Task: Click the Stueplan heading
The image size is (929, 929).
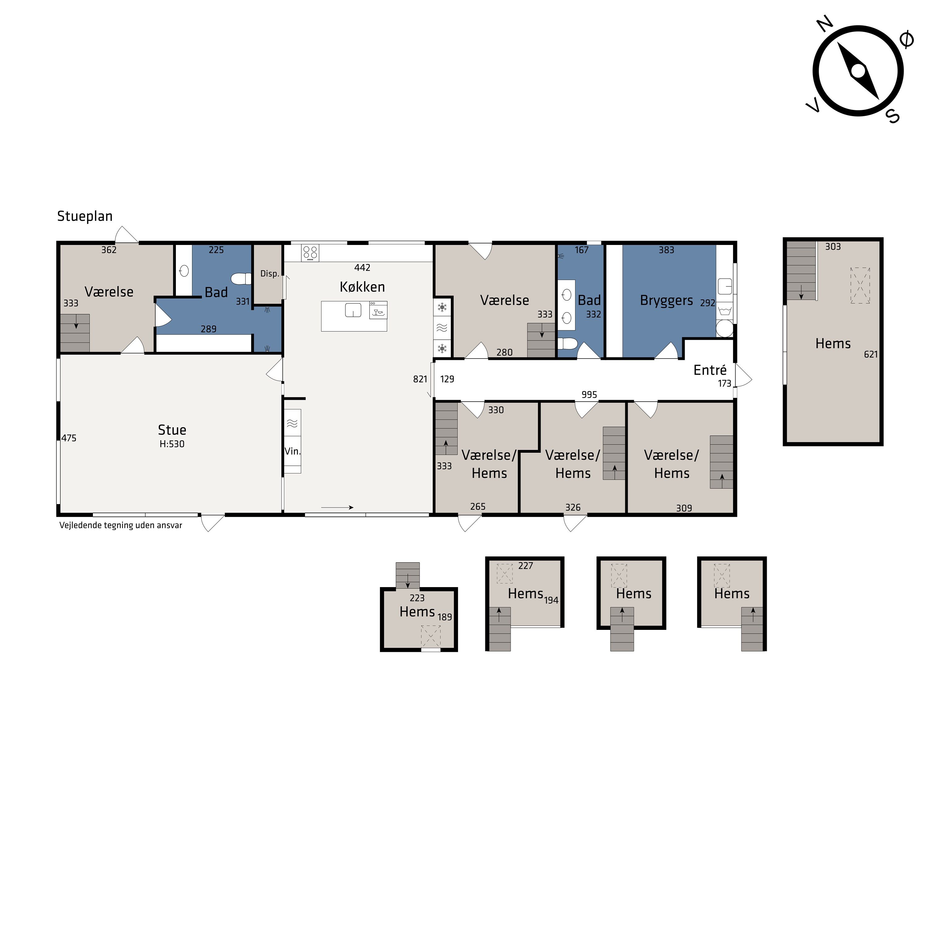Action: (x=85, y=217)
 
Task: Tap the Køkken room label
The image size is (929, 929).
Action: (x=362, y=287)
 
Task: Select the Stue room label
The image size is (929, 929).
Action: (x=172, y=430)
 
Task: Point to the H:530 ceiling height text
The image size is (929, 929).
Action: (x=172, y=444)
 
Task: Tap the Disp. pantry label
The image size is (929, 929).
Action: (x=270, y=274)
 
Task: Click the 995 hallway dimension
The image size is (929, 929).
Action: (x=589, y=395)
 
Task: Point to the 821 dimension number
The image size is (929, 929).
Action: (x=420, y=379)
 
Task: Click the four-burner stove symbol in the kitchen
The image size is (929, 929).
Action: (x=310, y=253)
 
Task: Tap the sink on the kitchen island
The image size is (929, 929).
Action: (x=353, y=310)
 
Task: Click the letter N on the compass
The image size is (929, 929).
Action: (x=825, y=24)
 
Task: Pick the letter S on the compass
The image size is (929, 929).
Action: (x=893, y=116)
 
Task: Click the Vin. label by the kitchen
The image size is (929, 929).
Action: (x=292, y=451)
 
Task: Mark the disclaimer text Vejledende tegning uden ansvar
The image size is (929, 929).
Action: (x=121, y=526)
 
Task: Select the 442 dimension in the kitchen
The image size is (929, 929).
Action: (x=362, y=268)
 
